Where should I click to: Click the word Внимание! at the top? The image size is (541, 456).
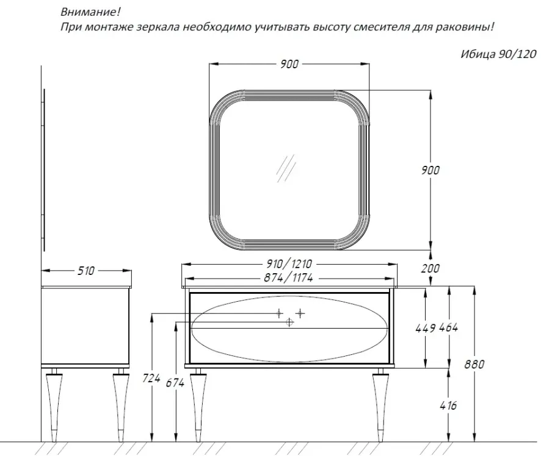[91, 12]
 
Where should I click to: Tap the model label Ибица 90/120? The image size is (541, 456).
[498, 54]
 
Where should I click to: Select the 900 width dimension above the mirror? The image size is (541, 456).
[289, 64]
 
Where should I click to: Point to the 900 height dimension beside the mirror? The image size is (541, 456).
[430, 170]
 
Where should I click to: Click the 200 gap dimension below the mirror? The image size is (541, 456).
[430, 268]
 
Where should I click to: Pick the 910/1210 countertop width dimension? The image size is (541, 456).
[289, 264]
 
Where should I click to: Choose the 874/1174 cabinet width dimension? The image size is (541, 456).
[288, 277]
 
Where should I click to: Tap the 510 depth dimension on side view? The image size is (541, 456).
[85, 271]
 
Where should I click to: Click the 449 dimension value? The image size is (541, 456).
[426, 328]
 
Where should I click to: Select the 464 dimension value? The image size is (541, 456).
[449, 327]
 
